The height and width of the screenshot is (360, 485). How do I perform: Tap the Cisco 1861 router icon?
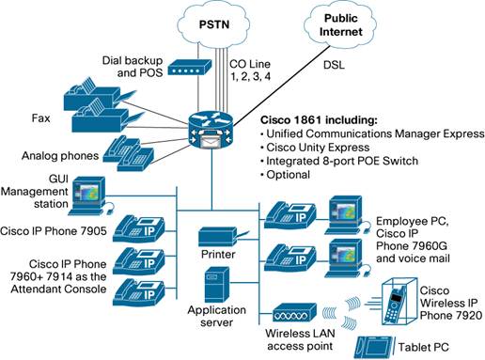(x=216, y=120)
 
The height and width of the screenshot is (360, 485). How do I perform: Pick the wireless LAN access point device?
(x=298, y=311)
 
